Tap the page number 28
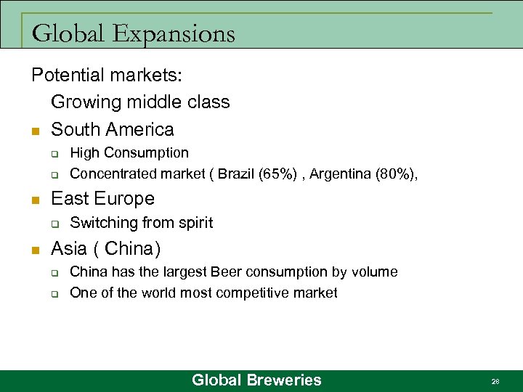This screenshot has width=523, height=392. pyautogui.click(x=495, y=381)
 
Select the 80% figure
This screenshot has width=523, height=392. pyautogui.click(x=392, y=174)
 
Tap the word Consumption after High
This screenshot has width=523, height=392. pyautogui.click(x=146, y=153)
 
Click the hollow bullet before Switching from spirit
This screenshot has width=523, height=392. pyautogui.click(x=54, y=224)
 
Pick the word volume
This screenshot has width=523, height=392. pyautogui.click(x=373, y=272)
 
